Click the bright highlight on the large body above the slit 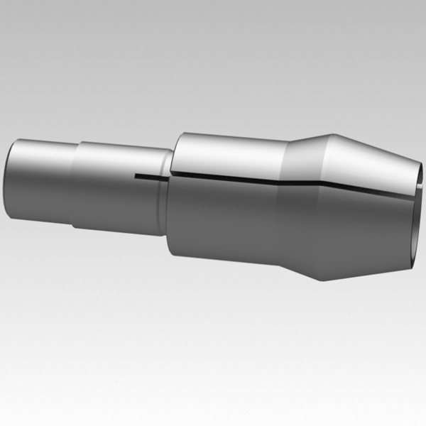(x=227, y=153)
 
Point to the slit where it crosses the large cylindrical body (x=227, y=178)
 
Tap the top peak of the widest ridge (x=331, y=133)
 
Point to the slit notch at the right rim (x=417, y=190)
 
